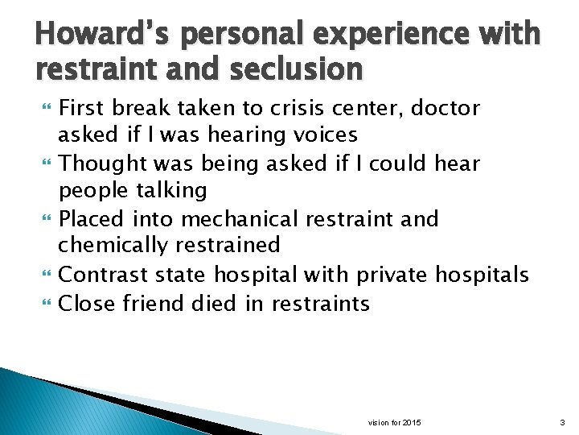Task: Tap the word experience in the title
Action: click(385, 36)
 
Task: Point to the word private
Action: click(391, 275)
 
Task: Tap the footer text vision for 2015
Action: click(394, 422)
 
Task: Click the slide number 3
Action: click(561, 422)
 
